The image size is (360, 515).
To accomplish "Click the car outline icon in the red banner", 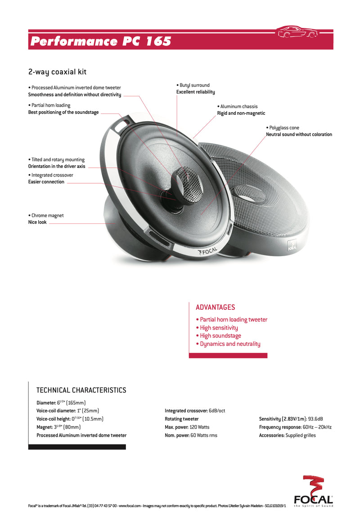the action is click(x=297, y=32).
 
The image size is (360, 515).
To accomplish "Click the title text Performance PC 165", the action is click(x=101, y=41).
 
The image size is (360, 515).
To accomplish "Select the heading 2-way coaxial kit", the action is click(x=58, y=72).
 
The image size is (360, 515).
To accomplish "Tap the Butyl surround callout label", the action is click(x=196, y=88).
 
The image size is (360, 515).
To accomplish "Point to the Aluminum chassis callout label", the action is click(x=241, y=110).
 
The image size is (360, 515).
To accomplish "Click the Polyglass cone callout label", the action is click(x=299, y=131).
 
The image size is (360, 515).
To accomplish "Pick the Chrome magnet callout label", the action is click(x=46, y=219).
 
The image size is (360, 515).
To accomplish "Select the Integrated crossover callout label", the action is click(x=50, y=178).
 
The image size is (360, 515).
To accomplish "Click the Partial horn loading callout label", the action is click(x=63, y=108).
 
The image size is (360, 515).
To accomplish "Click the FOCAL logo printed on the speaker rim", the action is click(x=207, y=252).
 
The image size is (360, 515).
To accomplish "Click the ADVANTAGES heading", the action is click(x=215, y=307).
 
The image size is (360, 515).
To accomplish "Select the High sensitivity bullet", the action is click(x=217, y=328).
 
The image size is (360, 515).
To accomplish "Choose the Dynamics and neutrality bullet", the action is click(x=228, y=344).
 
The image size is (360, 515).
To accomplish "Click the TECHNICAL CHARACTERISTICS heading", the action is click(x=81, y=390).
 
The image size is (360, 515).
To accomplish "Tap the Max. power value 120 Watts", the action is click(x=199, y=427).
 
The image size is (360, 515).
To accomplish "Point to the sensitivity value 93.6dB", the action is click(x=315, y=419).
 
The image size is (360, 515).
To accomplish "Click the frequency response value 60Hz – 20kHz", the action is click(x=317, y=427).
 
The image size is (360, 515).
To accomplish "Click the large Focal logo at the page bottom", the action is click(x=313, y=491).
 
